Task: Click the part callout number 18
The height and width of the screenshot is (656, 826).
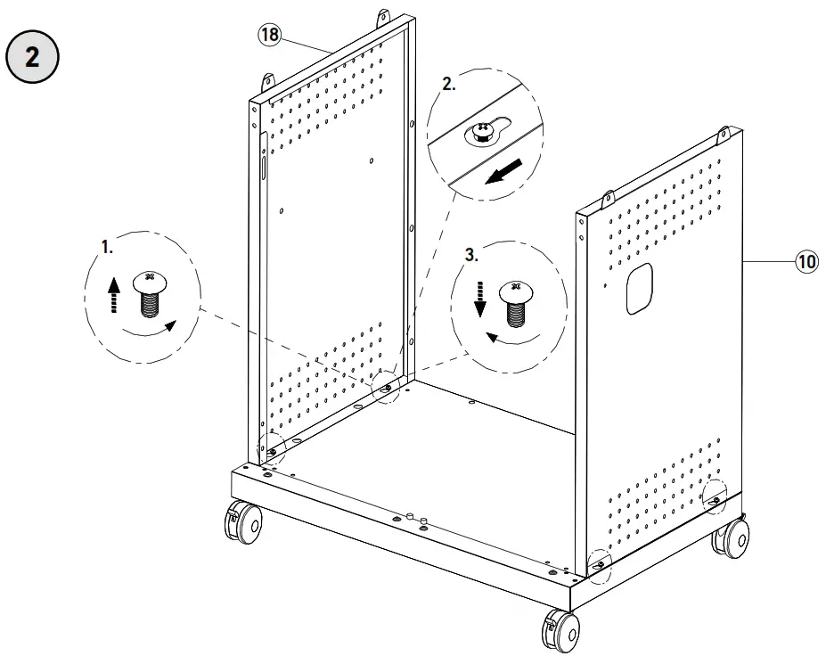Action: (269, 35)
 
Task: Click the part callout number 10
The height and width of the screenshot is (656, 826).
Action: (806, 262)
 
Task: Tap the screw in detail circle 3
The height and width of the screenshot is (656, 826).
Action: (515, 303)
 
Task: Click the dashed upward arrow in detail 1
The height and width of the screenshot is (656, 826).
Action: (113, 295)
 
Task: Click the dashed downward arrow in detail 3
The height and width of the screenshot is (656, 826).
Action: (479, 299)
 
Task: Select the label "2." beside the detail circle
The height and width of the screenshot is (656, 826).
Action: (449, 85)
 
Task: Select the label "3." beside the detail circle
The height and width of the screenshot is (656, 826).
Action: (472, 254)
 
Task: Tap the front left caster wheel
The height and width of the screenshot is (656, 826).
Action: (244, 521)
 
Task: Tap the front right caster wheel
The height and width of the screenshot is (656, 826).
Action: (560, 629)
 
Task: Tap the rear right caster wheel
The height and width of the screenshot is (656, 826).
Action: (734, 537)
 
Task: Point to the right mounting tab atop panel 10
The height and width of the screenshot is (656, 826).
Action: (724, 135)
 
